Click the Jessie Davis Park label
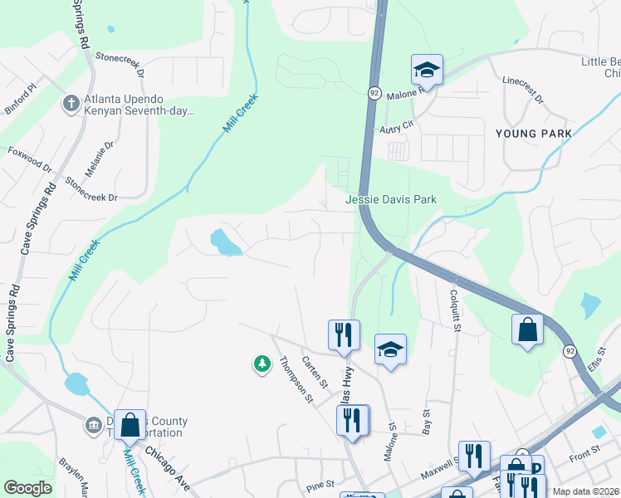click(391, 199)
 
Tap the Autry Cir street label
click(396, 125)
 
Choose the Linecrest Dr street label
click(522, 90)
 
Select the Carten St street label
click(315, 371)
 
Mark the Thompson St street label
click(296, 379)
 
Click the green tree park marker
click(262, 364)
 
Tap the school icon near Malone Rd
click(427, 70)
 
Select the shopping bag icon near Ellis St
click(527, 329)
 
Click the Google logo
click(27, 488)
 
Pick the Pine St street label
click(319, 483)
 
